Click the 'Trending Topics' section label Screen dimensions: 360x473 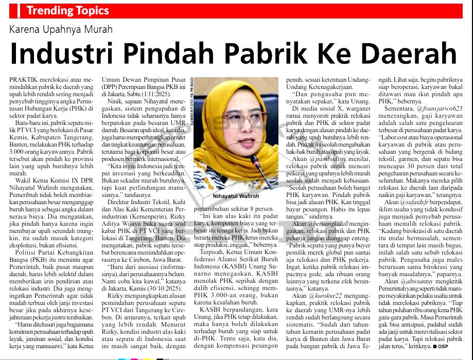(x=68, y=11)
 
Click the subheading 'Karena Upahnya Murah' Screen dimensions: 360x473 (x=61, y=29)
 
